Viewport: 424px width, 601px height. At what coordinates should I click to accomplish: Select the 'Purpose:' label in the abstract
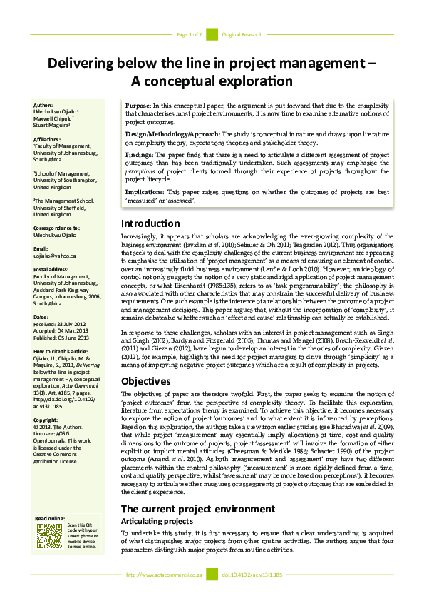pos(142,105)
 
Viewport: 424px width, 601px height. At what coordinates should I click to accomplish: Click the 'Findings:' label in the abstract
pos(143,154)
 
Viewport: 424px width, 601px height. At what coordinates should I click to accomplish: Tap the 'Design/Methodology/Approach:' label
pos(173,133)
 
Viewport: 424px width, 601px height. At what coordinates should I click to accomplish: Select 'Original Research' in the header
pos(242,34)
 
